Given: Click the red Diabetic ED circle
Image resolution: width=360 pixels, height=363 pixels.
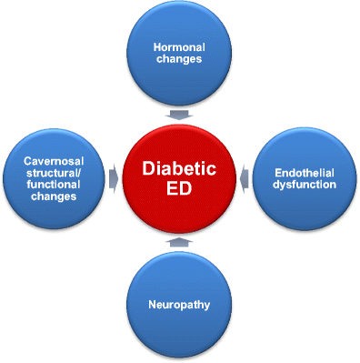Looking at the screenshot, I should pyautogui.click(x=180, y=178).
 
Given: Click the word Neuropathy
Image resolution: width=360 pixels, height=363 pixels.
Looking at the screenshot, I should pyautogui.click(x=180, y=306).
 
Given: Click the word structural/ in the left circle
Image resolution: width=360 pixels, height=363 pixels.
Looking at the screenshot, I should pyautogui.click(x=55, y=172).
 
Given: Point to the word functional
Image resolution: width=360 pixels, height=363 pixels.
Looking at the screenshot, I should pyautogui.click(x=55, y=185).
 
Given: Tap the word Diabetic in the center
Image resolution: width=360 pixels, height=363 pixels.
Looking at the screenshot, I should pyautogui.click(x=179, y=168).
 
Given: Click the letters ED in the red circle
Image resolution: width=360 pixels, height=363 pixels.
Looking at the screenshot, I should pyautogui.click(x=179, y=193).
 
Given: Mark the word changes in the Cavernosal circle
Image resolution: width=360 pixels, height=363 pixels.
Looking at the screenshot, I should pyautogui.click(x=55, y=197).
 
